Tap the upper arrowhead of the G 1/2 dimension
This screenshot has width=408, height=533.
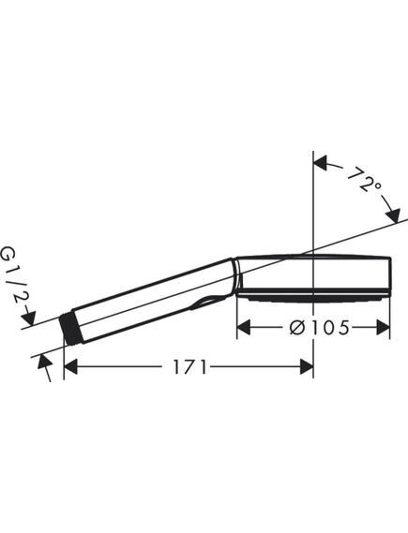[x=29, y=320]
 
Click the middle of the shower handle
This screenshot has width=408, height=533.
[x=150, y=297]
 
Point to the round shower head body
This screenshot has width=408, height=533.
[x=314, y=273]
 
